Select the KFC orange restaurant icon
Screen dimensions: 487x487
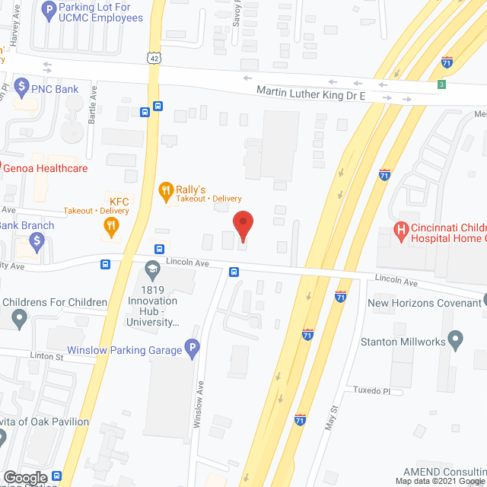click(x=111, y=224)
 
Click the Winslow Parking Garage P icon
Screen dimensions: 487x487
click(x=193, y=350)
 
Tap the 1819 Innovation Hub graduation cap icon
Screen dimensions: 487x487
click(x=152, y=268)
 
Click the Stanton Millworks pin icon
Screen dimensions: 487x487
click(x=457, y=341)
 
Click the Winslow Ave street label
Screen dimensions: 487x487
click(x=198, y=403)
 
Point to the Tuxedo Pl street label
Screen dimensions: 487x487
click(x=371, y=390)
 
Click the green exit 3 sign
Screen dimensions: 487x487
click(x=441, y=84)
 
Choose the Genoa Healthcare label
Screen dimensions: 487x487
click(x=47, y=168)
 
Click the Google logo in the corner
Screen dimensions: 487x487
click(x=24, y=477)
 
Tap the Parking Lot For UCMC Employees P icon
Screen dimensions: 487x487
click(x=49, y=11)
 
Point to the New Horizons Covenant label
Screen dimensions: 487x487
click(x=424, y=303)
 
